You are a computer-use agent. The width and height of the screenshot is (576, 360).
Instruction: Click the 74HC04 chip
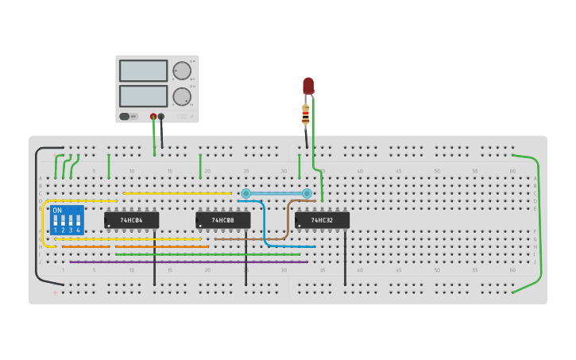coord(131,220)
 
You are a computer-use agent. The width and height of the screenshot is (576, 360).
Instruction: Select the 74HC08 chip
coord(222,220)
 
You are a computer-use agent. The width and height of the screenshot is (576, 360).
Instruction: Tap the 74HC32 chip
coord(322,220)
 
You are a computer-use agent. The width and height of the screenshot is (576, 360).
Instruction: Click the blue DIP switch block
coord(67,219)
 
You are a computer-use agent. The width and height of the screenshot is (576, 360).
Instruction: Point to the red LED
coord(308,86)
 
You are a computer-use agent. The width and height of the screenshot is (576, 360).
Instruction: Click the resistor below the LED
coord(305,115)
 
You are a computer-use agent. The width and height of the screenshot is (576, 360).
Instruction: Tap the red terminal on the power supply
coord(153,117)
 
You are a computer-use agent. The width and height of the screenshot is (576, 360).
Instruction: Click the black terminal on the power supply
coord(161,117)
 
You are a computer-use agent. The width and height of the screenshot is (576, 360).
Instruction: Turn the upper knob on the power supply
coord(182,71)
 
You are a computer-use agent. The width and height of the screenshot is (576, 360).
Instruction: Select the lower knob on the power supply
coord(182,96)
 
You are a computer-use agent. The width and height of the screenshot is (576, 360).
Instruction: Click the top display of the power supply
coord(143,71)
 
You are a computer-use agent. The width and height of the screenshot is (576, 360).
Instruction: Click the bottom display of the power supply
coord(143,96)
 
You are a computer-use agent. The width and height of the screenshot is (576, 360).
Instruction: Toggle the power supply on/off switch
coord(125,116)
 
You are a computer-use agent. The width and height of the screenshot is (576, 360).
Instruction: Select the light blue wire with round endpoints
coord(276,193)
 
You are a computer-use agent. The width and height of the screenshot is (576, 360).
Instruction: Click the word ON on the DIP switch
coord(56,211)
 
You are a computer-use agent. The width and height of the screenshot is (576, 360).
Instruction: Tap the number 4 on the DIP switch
coord(78,230)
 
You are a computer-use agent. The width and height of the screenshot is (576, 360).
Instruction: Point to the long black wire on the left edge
coord(36,215)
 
